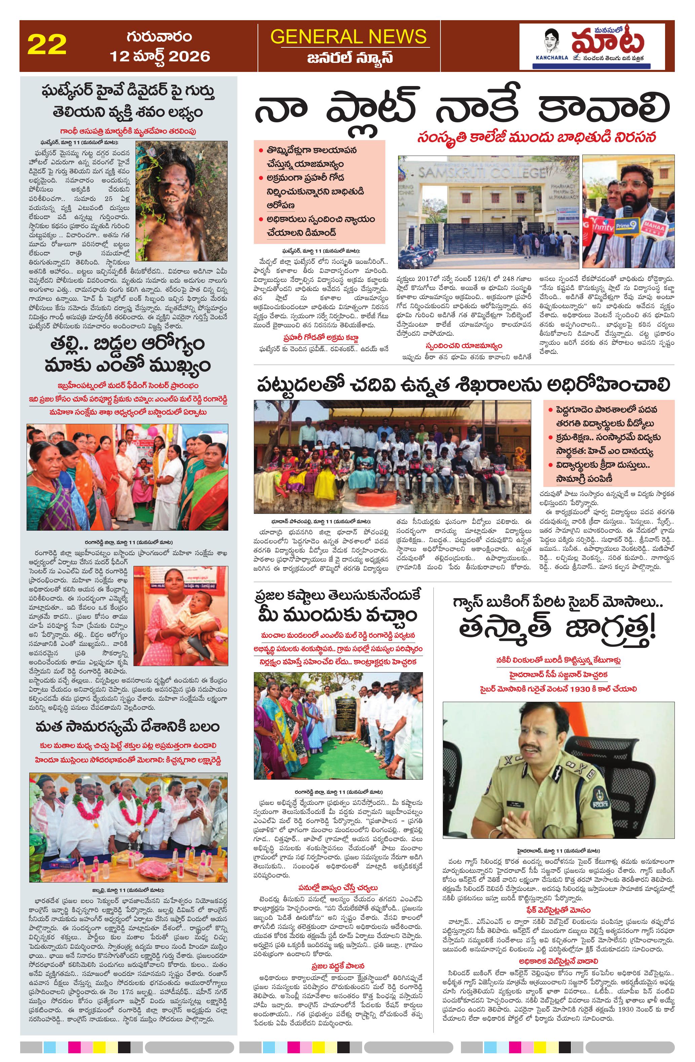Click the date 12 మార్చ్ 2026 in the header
(160, 56)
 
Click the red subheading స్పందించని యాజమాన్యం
(464, 346)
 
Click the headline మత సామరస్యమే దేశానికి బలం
(128, 727)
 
